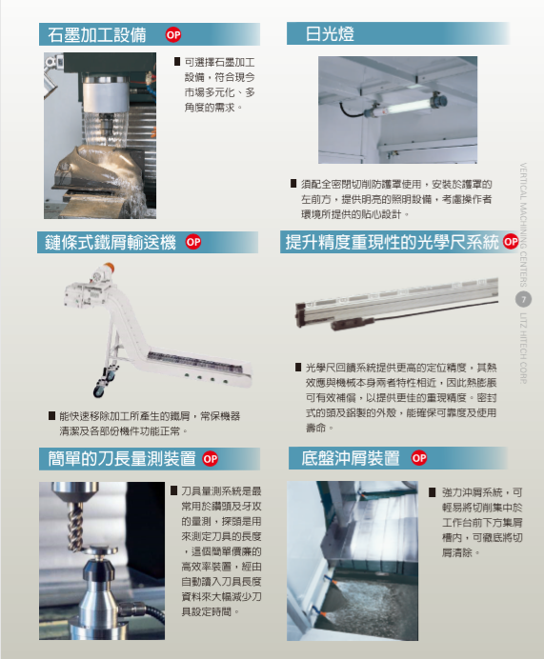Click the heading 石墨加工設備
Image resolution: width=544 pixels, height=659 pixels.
(x=96, y=35)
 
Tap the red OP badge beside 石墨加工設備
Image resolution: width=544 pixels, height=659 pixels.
(x=173, y=35)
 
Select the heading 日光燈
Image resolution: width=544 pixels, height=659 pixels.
(x=330, y=34)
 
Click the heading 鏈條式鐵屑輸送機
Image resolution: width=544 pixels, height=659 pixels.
(x=111, y=243)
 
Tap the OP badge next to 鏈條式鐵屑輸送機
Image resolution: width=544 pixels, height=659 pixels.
(x=193, y=242)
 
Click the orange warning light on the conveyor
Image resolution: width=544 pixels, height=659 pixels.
(x=108, y=268)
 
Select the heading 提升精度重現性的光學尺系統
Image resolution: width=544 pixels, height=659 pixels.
(x=392, y=242)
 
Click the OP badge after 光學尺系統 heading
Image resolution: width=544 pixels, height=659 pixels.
(x=511, y=242)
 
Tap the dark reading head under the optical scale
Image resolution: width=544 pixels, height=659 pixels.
(x=352, y=323)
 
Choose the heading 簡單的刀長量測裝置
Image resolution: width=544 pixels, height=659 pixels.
(x=122, y=458)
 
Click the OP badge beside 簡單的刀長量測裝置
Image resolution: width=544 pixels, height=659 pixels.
(x=211, y=458)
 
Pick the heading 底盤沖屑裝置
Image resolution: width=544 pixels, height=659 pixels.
(x=351, y=458)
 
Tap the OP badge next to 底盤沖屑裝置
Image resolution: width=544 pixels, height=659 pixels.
(x=419, y=458)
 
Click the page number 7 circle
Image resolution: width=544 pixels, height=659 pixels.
(x=523, y=300)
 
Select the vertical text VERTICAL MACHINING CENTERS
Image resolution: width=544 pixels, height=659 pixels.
(x=523, y=225)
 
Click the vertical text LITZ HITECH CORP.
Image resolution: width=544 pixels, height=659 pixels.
(x=523, y=348)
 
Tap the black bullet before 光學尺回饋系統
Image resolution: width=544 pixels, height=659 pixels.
(x=298, y=368)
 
